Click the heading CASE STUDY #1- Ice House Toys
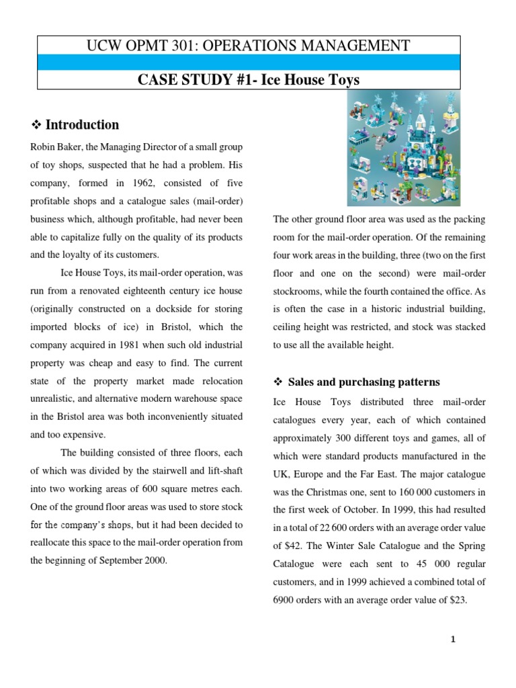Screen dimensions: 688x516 (249, 80)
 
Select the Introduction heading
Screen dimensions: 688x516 (81, 124)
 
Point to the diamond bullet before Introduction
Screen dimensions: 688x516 (37, 125)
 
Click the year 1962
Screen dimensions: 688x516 (136, 183)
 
